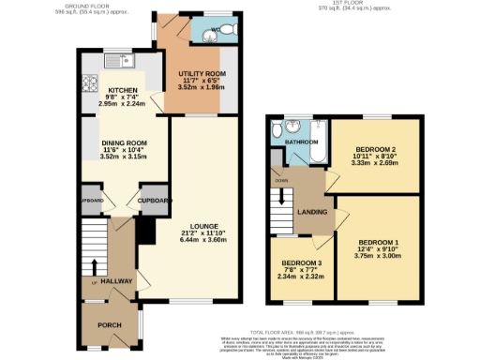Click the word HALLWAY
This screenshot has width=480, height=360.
click(x=117, y=280)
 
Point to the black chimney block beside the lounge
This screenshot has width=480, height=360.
click(x=145, y=231)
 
